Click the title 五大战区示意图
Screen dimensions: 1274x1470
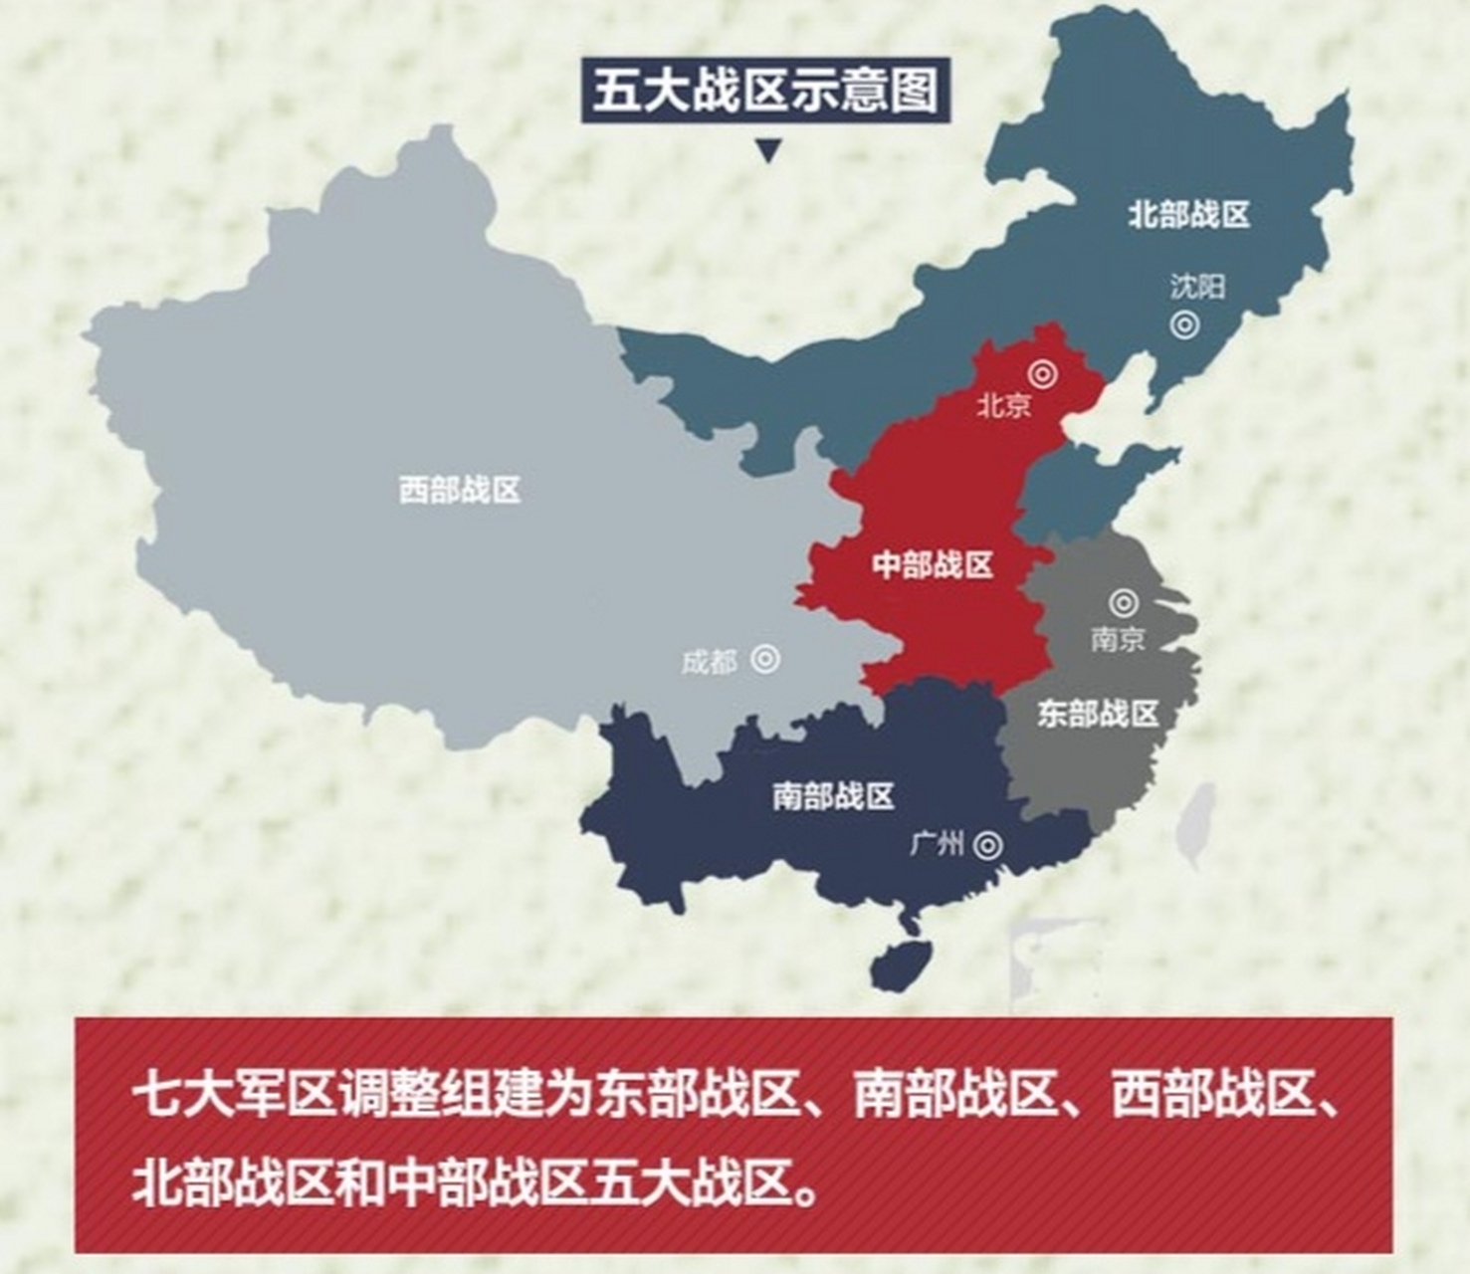(x=765, y=91)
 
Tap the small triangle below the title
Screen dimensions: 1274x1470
(x=767, y=151)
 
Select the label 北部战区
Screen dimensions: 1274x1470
(x=1188, y=214)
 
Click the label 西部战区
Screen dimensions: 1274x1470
(x=459, y=490)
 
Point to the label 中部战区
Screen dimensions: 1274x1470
(x=933, y=565)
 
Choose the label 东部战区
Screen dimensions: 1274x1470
(x=1098, y=714)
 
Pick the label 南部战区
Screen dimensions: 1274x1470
(x=833, y=796)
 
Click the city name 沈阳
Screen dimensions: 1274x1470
(x=1197, y=288)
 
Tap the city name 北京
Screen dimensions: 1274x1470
(x=1003, y=405)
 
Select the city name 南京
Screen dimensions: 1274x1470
(x=1118, y=639)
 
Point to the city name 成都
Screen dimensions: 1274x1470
(x=710, y=662)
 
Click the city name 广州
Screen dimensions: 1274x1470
(x=937, y=845)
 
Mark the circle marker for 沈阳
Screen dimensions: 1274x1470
(x=1184, y=324)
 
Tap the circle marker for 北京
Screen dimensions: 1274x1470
(x=1042, y=374)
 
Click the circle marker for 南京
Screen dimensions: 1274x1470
(x=1124, y=602)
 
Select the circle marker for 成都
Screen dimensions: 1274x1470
(x=765, y=659)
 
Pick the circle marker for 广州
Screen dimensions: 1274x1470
(x=987, y=845)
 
